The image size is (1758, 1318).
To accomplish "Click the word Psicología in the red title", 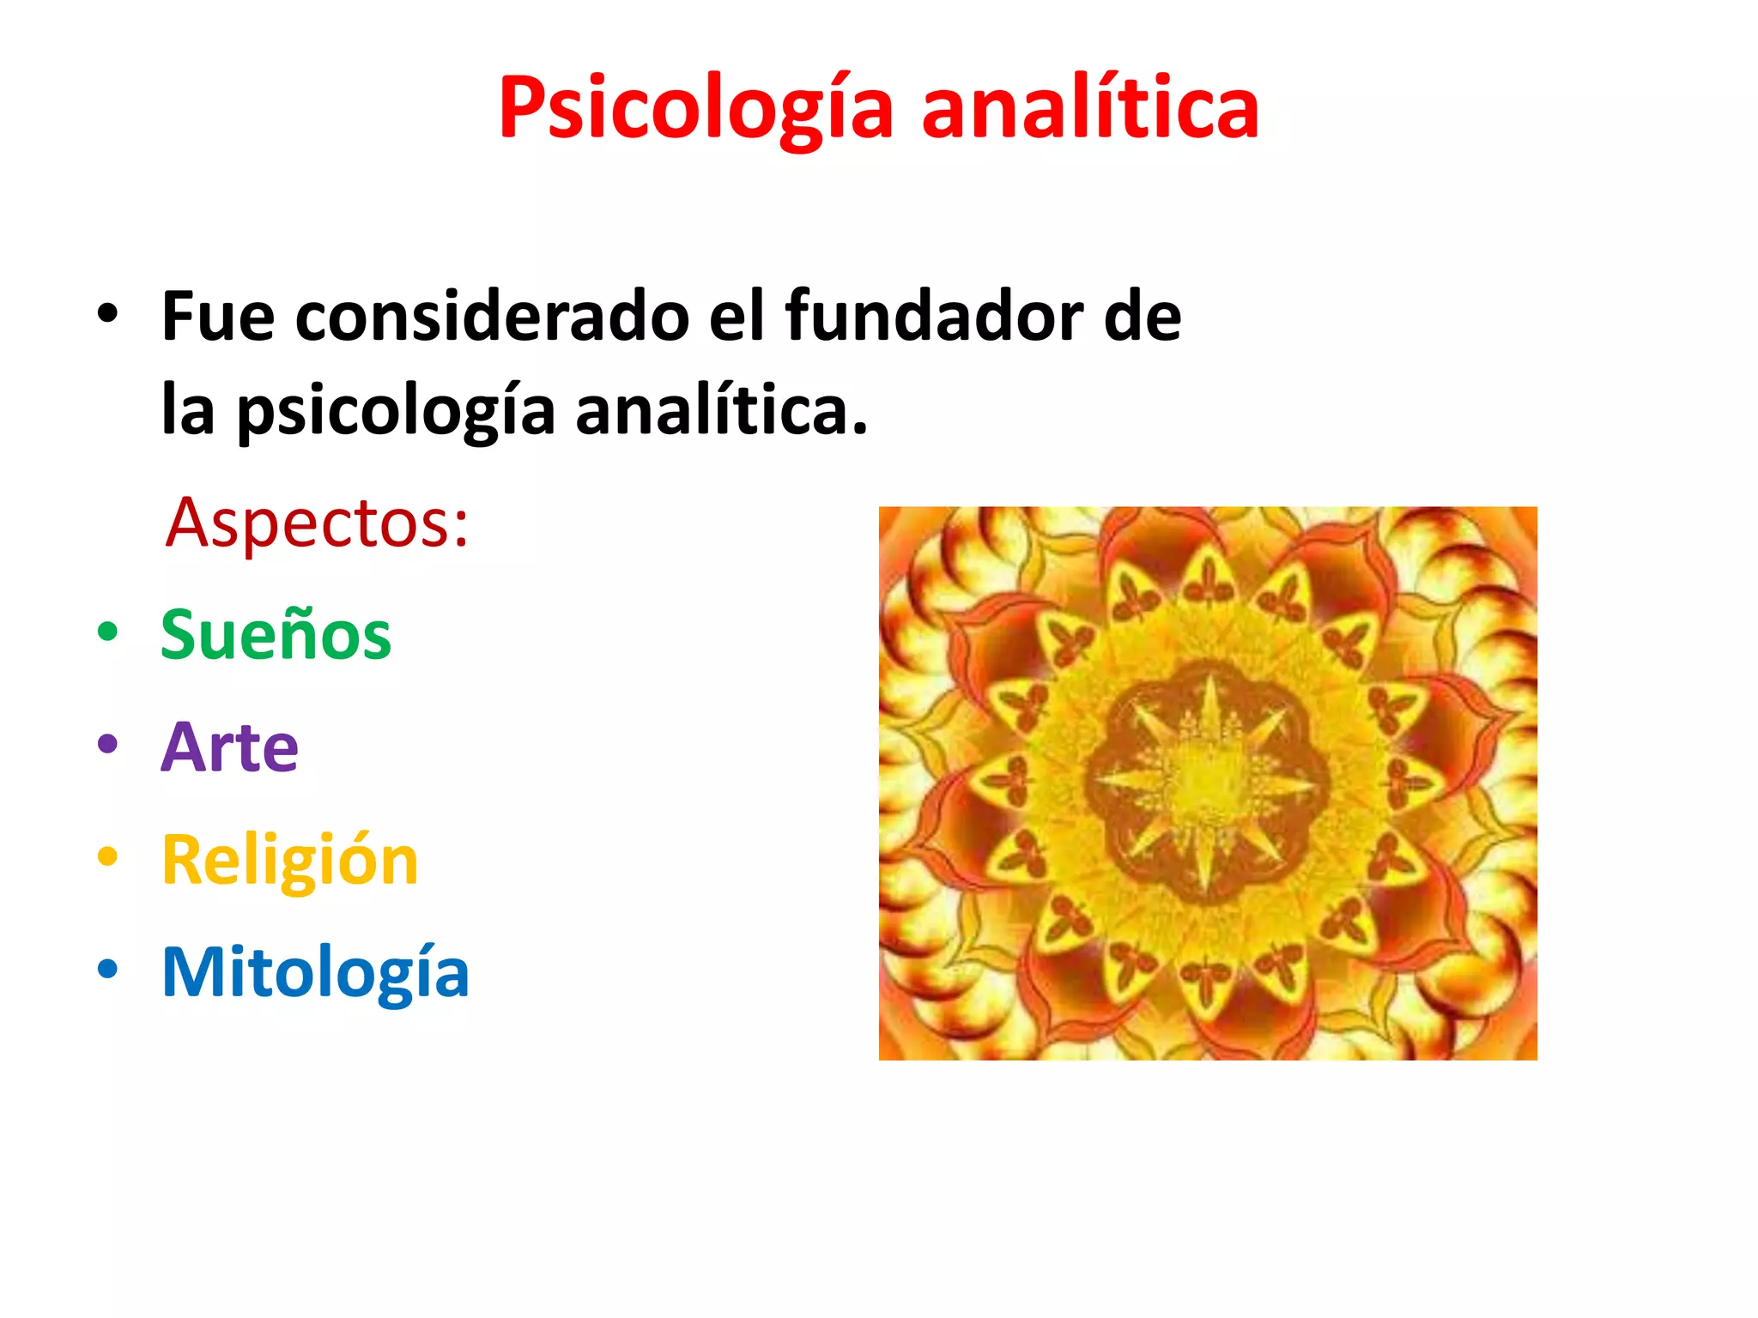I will click(x=696, y=109).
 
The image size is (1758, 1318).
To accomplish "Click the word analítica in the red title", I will click(x=1089, y=109).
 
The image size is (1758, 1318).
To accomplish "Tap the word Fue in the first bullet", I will click(x=218, y=317).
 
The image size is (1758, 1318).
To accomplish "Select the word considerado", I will click(x=492, y=317).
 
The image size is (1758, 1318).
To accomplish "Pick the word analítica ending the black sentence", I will click(x=721, y=410).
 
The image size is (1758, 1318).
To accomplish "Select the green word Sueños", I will click(x=276, y=635).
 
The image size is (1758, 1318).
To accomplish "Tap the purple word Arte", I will click(x=229, y=747).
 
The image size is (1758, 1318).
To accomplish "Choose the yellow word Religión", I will click(x=289, y=860).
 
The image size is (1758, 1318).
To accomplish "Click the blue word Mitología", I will click(x=315, y=973).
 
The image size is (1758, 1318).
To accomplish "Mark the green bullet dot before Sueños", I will click(x=107, y=632).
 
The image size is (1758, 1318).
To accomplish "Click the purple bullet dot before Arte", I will click(x=107, y=744).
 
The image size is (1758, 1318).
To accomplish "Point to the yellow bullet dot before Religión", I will click(x=107, y=856).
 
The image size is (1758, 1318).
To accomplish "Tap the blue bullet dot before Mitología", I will click(x=107, y=969).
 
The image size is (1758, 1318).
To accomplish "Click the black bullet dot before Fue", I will click(x=107, y=314).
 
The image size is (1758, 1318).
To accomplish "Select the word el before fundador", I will click(x=737, y=317).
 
